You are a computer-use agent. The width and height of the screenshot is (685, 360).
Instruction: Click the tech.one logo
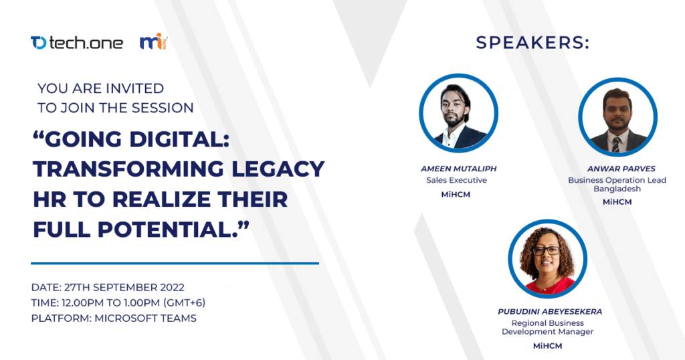(76, 43)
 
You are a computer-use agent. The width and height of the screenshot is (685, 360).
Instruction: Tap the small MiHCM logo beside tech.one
(153, 42)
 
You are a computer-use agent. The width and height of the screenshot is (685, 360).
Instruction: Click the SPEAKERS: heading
(532, 43)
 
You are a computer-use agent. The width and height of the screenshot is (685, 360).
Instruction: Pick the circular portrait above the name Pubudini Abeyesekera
(547, 259)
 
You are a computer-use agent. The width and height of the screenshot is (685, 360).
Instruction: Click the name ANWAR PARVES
(617, 169)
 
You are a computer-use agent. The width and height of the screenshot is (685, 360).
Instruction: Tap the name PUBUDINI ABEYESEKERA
(547, 312)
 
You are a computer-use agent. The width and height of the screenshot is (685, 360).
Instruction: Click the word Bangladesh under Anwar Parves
(617, 189)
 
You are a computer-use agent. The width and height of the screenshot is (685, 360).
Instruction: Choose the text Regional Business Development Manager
(547, 327)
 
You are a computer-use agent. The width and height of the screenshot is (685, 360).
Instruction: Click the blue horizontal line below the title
(175, 263)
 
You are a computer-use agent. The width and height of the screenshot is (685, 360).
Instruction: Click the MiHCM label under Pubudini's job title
(547, 346)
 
